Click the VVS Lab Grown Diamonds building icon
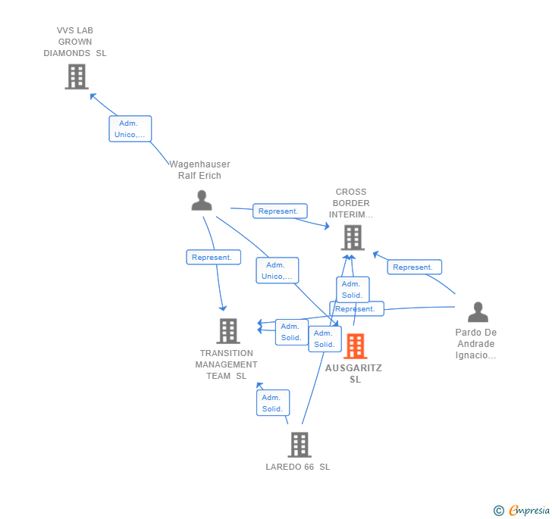(x=76, y=77)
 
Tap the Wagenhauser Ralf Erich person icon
(x=202, y=200)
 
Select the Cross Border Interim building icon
(x=352, y=238)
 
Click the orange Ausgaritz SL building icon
(x=355, y=346)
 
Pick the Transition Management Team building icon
(x=227, y=331)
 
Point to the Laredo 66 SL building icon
(x=300, y=445)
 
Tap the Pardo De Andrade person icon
(x=478, y=312)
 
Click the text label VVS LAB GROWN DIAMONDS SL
(x=75, y=42)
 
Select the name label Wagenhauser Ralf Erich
(x=199, y=170)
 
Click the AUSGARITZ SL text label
(x=354, y=374)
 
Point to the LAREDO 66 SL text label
(x=298, y=467)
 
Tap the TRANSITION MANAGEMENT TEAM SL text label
(x=226, y=364)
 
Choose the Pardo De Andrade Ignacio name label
(x=476, y=344)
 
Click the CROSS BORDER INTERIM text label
(x=350, y=203)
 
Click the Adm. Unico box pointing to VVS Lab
(x=130, y=129)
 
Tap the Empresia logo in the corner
(x=522, y=511)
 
